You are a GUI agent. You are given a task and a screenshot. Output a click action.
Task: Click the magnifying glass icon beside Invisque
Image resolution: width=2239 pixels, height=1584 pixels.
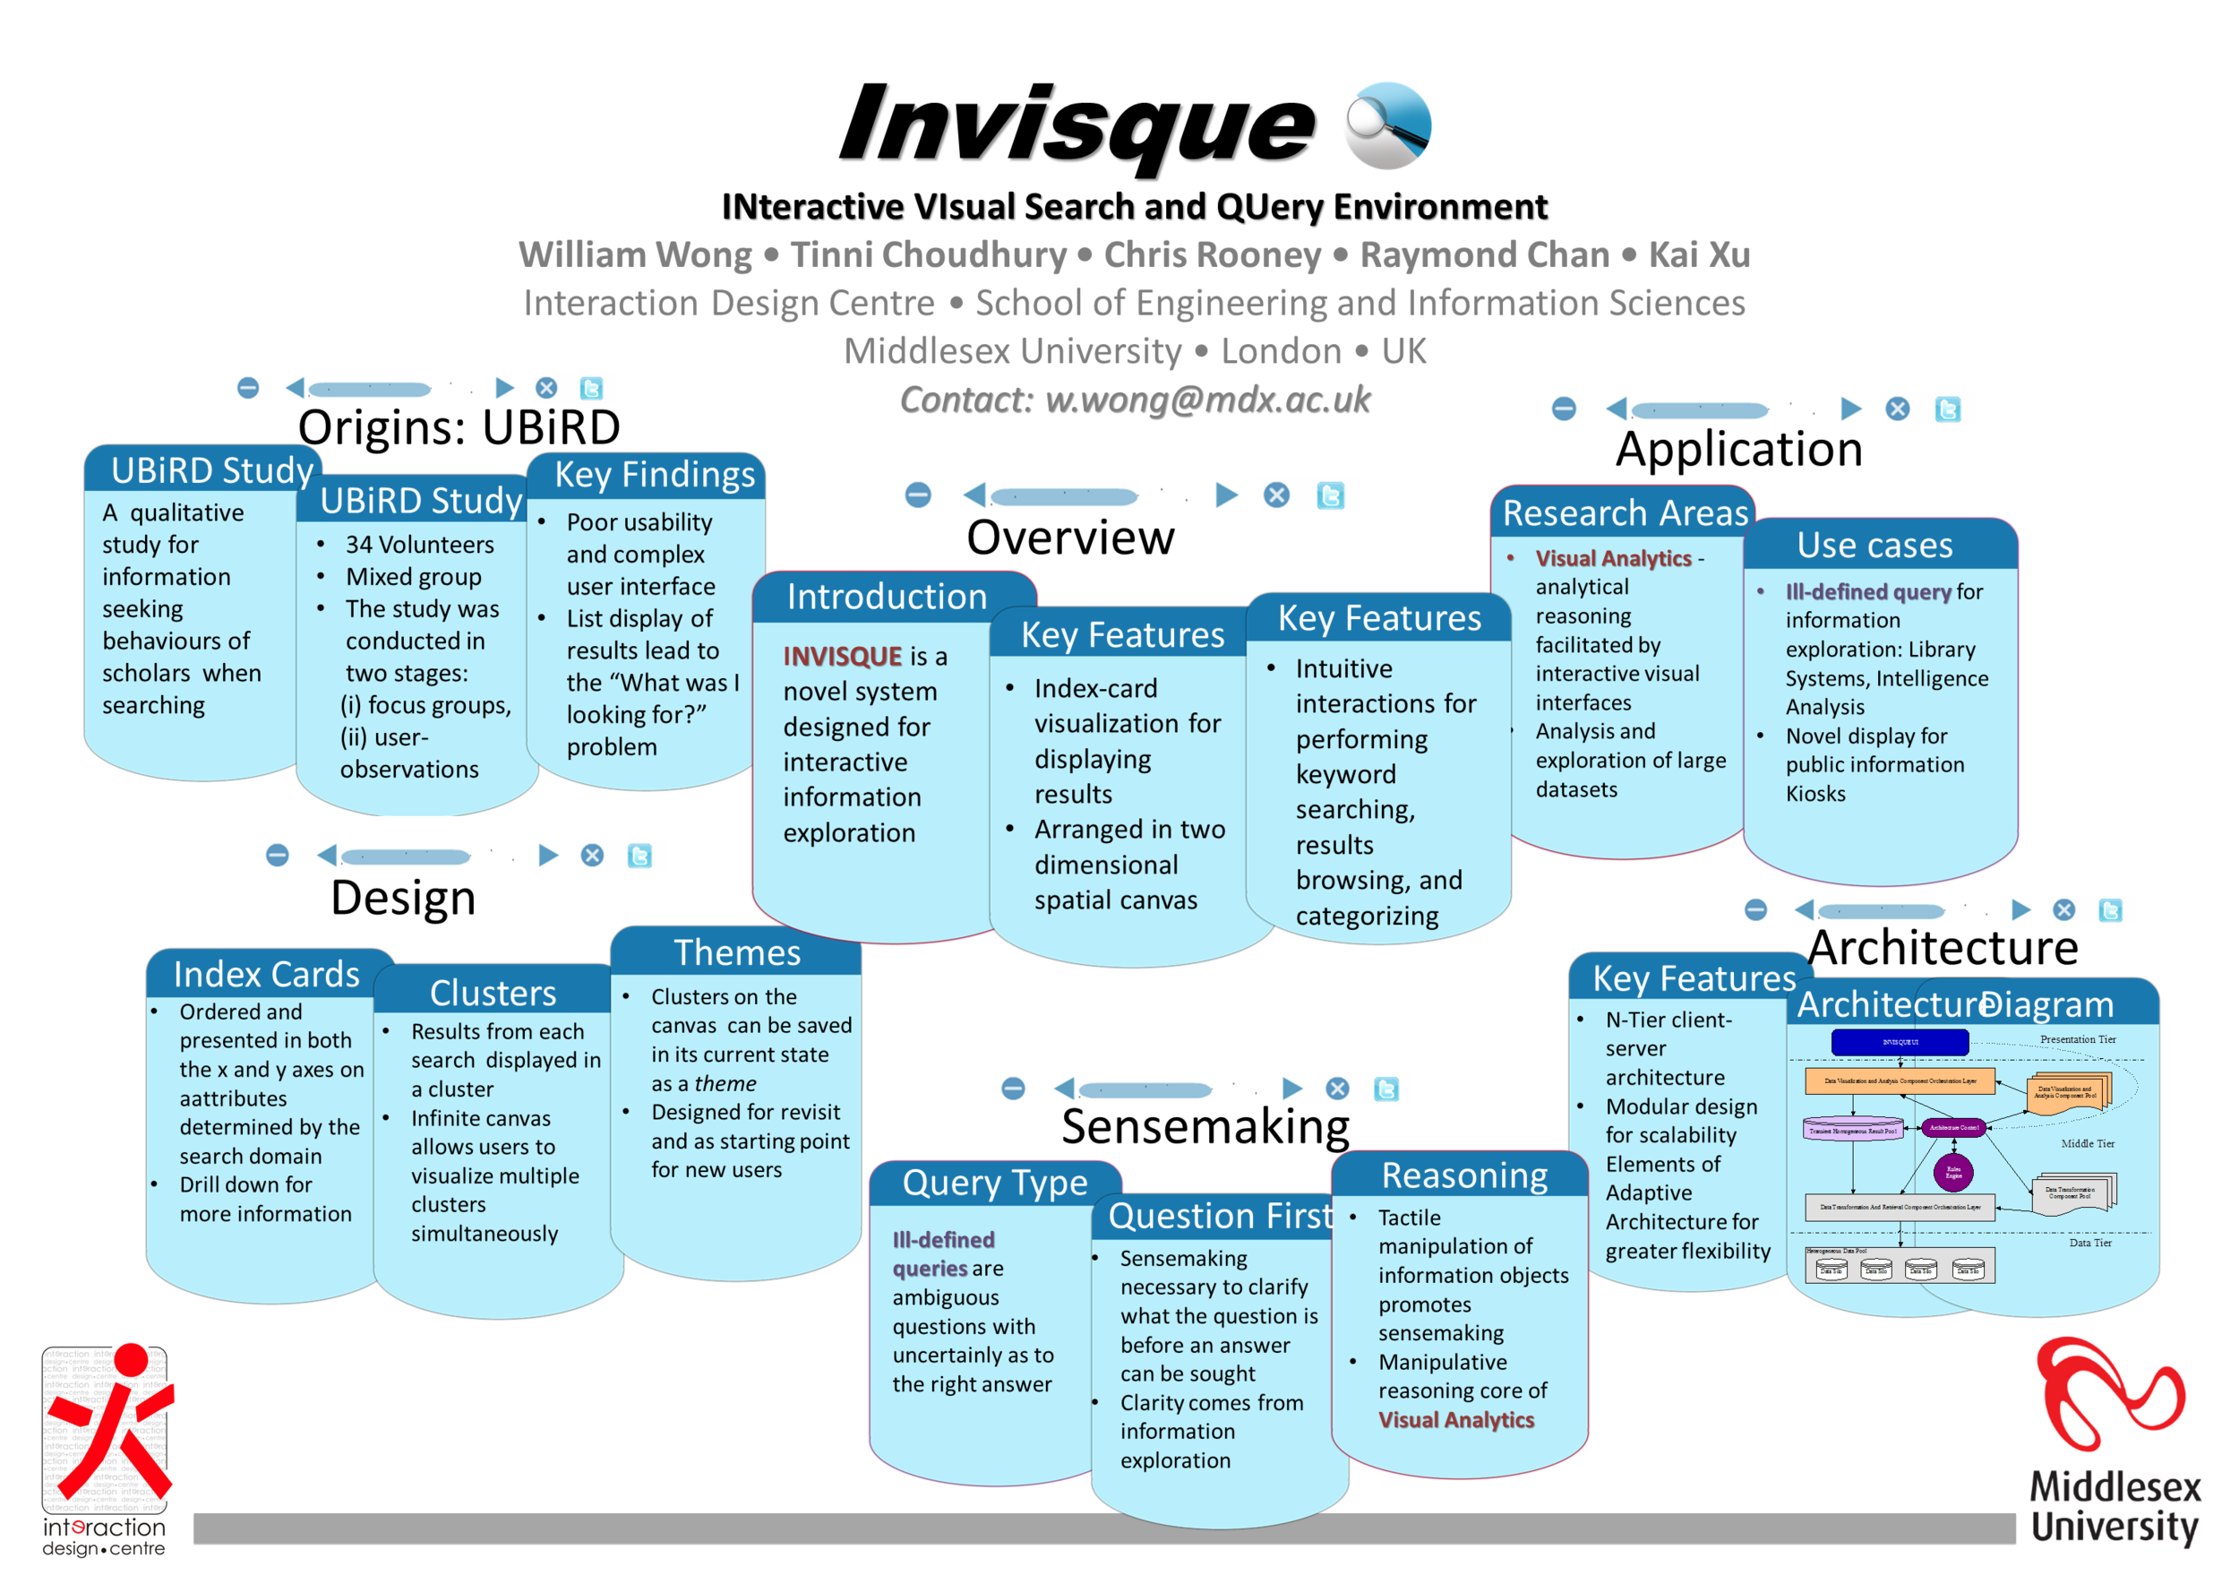1386,125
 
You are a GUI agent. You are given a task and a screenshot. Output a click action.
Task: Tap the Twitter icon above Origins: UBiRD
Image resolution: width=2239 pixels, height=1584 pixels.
591,388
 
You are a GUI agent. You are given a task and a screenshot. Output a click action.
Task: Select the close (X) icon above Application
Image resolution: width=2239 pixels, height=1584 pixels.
1897,409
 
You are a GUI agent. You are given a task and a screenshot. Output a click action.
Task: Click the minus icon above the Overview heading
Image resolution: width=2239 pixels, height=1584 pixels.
918,495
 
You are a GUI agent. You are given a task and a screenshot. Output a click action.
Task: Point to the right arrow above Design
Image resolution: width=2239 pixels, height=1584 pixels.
548,856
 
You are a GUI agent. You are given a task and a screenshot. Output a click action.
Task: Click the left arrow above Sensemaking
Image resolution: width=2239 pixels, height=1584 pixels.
1065,1089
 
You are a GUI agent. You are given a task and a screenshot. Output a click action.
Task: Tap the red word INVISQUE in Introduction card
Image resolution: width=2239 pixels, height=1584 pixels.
843,657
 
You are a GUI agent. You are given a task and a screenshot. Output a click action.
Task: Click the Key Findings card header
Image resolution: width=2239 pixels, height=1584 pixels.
655,475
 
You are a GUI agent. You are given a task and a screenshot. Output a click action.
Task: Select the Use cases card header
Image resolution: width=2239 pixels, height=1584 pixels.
1874,546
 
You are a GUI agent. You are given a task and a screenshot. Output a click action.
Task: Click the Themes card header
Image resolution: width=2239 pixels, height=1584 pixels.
737,953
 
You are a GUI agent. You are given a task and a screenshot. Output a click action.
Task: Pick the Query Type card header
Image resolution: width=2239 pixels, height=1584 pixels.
994,1184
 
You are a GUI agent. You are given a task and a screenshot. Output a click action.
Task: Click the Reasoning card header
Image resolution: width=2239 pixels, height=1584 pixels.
1463,1176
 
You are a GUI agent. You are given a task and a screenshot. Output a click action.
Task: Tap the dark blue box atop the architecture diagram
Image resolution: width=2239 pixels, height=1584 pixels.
1899,1042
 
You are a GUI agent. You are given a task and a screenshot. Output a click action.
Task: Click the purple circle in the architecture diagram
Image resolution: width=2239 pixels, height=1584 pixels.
1952,1173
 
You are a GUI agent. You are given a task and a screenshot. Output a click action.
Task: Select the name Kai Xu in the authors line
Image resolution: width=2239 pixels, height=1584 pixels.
1699,254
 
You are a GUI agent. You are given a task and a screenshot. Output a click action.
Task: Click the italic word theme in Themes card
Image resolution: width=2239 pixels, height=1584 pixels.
725,1084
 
